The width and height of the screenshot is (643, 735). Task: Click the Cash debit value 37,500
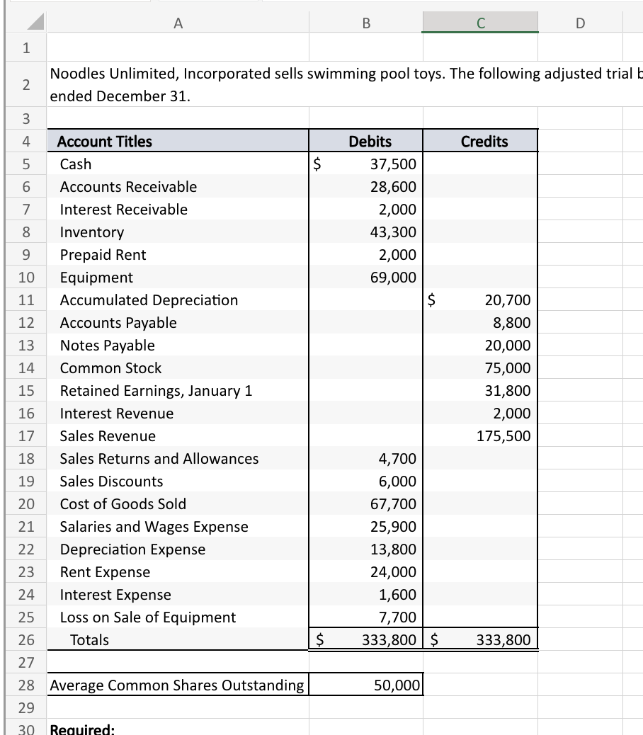[x=393, y=164]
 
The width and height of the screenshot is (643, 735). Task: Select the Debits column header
[x=370, y=142]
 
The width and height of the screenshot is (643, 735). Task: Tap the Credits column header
[x=484, y=142]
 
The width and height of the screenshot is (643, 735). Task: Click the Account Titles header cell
[x=105, y=142]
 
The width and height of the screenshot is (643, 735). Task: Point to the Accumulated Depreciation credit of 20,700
[x=507, y=300]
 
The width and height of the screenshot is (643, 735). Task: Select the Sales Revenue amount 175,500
[x=503, y=436]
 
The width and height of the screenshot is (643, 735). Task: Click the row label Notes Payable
[x=107, y=346]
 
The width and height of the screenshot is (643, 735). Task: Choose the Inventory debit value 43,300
[x=393, y=232]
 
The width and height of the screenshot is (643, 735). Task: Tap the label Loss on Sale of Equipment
[x=147, y=617]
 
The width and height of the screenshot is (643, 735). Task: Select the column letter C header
[x=480, y=23]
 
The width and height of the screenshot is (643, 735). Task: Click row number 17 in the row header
[x=26, y=436]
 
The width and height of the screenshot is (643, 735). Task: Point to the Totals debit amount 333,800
[x=389, y=640]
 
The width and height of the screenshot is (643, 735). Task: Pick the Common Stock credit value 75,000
[x=507, y=368]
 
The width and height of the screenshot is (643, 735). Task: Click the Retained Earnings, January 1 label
[x=156, y=391]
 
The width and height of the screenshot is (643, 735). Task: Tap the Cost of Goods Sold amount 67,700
[x=393, y=504]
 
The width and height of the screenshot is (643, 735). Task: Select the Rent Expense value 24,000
[x=393, y=572]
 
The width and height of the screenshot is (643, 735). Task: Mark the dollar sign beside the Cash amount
[x=319, y=164]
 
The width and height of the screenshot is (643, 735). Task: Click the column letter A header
[x=177, y=23]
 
